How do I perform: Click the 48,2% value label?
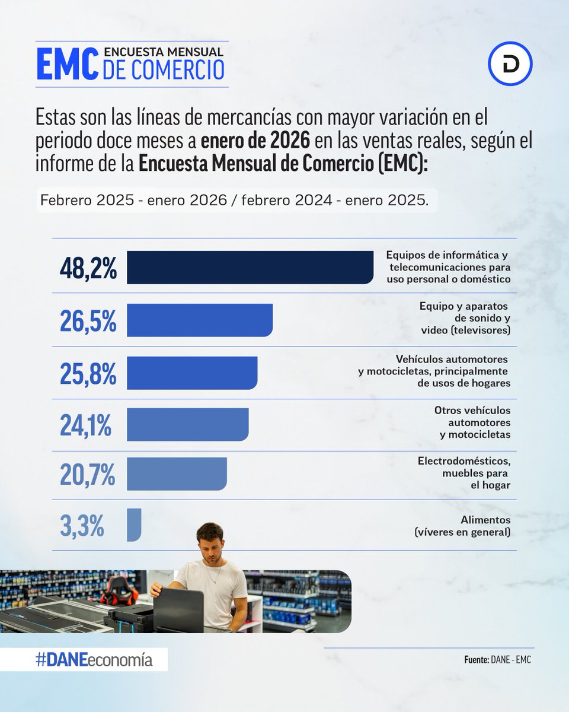coord(88,268)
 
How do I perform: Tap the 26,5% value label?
coord(88,321)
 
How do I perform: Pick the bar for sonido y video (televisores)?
coord(200,320)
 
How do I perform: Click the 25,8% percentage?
coord(88,373)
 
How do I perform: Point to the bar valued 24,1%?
coord(188,424)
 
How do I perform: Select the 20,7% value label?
coord(88,475)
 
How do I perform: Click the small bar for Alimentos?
coord(134,525)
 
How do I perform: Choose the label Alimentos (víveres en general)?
coord(462,526)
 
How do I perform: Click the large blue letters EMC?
coord(66,65)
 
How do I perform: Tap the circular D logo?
coord(510,63)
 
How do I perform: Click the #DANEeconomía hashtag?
coord(95,660)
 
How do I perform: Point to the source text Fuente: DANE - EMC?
coord(498,660)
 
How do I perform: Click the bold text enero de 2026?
coord(255,142)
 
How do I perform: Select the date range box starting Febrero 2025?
coord(235,201)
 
